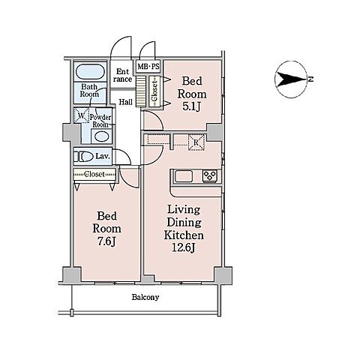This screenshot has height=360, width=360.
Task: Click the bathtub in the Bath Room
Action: (x=89, y=71)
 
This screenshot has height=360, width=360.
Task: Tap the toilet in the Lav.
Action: (x=83, y=157)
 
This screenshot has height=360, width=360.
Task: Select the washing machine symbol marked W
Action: (x=81, y=115)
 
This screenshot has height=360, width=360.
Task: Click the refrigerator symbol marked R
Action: (x=196, y=142)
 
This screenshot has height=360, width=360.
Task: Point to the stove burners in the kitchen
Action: (x=209, y=176)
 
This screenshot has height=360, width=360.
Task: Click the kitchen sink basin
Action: (x=184, y=176)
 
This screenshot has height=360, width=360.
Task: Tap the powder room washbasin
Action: (x=101, y=136)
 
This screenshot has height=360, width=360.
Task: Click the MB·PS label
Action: (x=148, y=67)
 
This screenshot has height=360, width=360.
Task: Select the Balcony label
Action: (x=145, y=297)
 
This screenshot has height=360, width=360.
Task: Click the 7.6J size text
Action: (x=106, y=241)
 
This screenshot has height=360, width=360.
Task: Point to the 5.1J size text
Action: (x=191, y=106)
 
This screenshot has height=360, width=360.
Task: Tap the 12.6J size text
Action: (x=184, y=247)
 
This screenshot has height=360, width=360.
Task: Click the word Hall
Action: (x=125, y=102)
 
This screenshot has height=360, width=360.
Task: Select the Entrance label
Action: (x=122, y=76)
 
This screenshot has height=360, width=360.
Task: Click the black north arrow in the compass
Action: (x=292, y=79)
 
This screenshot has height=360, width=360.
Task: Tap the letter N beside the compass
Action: (x=310, y=79)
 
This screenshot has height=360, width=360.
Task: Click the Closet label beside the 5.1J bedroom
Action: (x=154, y=91)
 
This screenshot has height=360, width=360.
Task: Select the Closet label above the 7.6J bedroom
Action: (x=94, y=174)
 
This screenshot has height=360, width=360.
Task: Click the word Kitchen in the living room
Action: (x=184, y=235)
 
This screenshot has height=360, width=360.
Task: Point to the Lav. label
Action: (x=103, y=157)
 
